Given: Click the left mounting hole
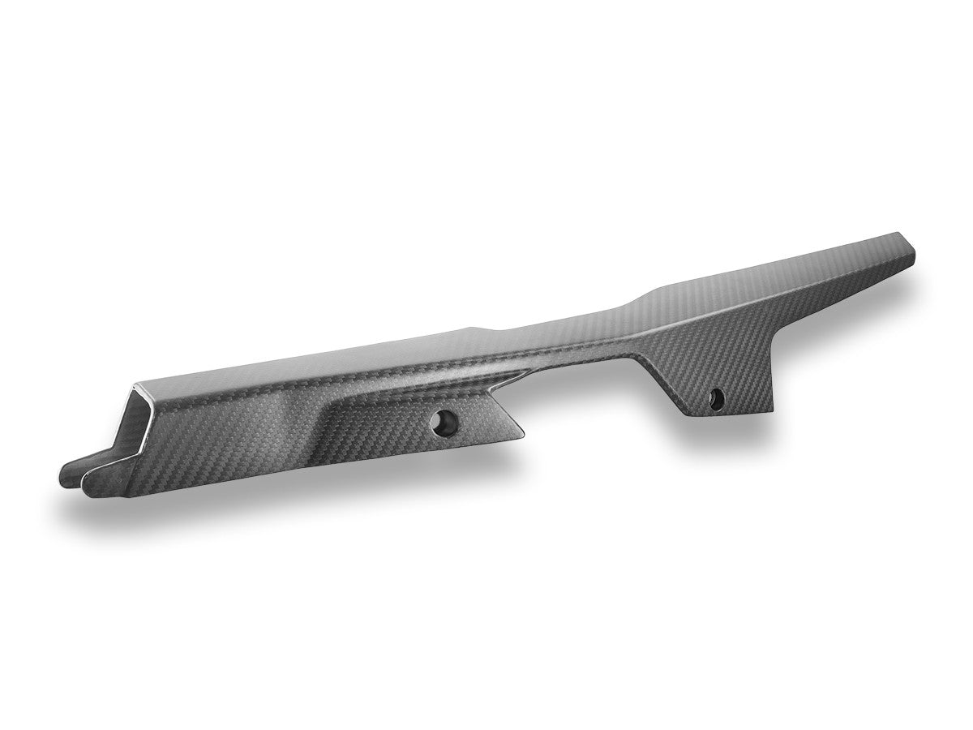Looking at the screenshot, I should pyautogui.click(x=444, y=421).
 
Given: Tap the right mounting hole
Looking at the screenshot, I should pyautogui.click(x=716, y=397).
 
